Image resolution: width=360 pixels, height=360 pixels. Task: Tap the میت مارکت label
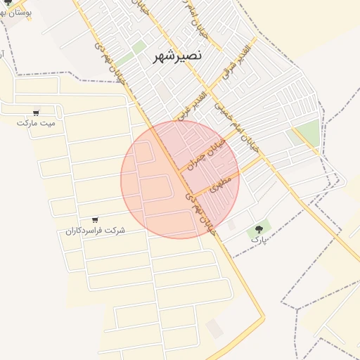click(36, 122)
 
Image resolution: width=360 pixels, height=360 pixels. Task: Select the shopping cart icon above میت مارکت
click(36, 112)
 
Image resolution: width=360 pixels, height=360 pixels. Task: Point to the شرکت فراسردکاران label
click(95, 230)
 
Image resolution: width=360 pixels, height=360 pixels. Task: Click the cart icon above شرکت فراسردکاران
click(95, 219)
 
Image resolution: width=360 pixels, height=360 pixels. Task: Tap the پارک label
click(259, 239)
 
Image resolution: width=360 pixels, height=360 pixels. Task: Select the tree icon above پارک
click(259, 228)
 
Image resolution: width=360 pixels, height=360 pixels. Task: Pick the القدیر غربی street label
click(191, 105)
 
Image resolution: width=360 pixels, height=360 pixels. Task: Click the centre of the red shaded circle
click(180, 179)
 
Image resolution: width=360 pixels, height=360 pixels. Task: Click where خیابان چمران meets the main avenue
click(178, 172)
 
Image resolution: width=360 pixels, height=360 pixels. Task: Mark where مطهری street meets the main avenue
click(191, 196)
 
